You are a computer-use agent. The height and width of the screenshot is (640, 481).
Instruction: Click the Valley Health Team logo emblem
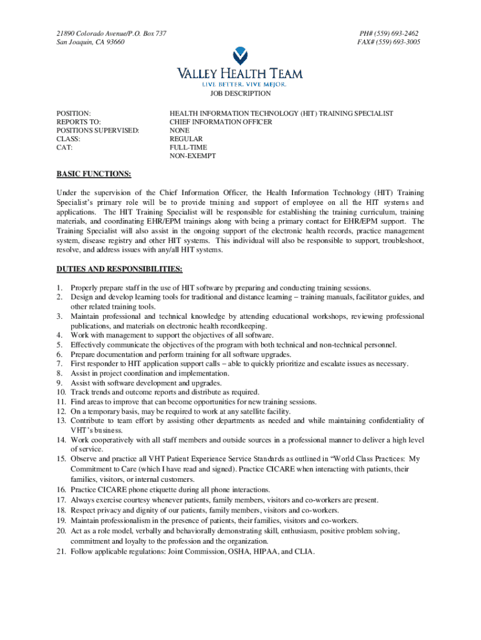click(240, 56)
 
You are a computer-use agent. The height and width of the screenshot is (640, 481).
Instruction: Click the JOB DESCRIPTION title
click(241, 94)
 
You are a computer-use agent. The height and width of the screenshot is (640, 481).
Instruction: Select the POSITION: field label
click(74, 113)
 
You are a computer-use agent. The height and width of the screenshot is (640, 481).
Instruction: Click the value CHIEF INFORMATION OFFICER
click(221, 122)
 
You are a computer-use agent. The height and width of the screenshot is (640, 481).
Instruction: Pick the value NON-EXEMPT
click(193, 156)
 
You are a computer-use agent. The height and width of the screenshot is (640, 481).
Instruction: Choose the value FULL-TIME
click(189, 147)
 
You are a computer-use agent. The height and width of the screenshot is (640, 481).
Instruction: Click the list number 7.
click(59, 364)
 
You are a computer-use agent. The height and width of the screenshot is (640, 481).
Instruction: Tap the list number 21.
click(61, 552)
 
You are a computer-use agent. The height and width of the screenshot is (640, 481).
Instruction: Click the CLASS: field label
click(69, 139)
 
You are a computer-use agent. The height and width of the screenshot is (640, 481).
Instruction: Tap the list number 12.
click(61, 411)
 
